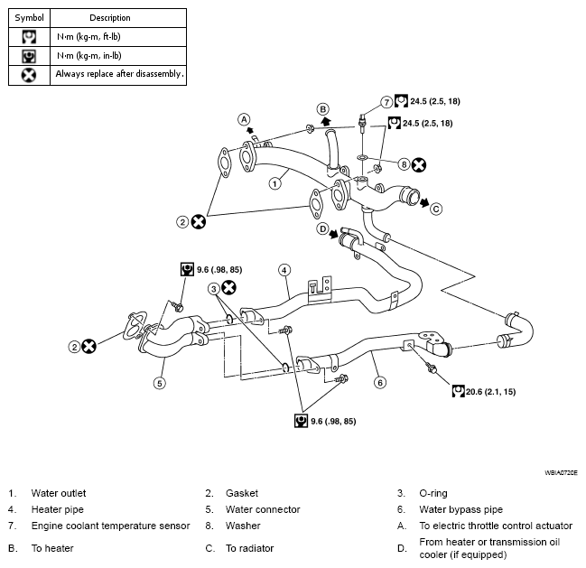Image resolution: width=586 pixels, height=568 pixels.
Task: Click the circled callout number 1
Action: [x=275, y=184]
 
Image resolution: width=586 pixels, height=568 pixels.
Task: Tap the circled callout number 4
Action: [x=284, y=270]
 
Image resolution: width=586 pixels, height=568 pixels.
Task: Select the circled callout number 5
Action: [x=160, y=383]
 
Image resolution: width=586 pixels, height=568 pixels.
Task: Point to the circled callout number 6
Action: [x=380, y=382]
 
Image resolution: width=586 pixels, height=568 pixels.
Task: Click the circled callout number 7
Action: [x=386, y=102]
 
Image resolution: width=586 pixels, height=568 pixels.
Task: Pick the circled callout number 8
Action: [x=404, y=164]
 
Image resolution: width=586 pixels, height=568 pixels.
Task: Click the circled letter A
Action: [x=244, y=119]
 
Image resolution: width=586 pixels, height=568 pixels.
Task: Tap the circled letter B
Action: [x=323, y=109]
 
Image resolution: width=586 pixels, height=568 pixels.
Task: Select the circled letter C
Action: [x=436, y=209]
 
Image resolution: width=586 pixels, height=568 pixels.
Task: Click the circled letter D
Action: [x=322, y=228]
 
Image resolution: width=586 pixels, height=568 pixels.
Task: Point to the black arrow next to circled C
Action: [x=424, y=203]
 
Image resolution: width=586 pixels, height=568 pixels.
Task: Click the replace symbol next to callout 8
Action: [x=419, y=164]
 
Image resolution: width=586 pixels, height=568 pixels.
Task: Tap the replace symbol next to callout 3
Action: [x=228, y=288]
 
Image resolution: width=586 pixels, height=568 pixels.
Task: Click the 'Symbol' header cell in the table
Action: [x=29, y=18]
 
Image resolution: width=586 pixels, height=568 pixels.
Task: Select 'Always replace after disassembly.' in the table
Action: [x=119, y=74]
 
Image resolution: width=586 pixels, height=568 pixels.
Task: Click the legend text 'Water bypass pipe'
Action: [x=460, y=509]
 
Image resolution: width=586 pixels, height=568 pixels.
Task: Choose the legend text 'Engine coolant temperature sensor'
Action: [x=111, y=526]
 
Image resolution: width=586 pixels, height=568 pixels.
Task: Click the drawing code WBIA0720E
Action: [x=561, y=472]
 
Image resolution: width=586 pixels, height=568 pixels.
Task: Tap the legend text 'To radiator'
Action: [x=249, y=548]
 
